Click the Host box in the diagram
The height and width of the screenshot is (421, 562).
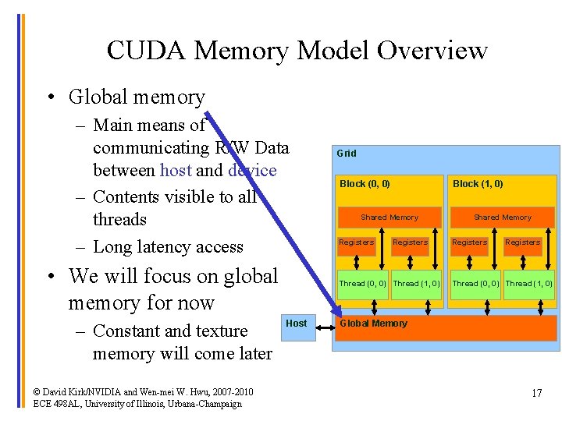(x=297, y=324)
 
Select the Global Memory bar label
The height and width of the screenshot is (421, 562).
(x=373, y=324)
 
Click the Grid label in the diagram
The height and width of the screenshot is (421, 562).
(x=347, y=154)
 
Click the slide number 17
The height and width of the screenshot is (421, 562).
(x=536, y=393)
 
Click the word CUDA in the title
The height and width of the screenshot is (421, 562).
(x=148, y=51)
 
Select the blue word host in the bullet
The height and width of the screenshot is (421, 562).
(x=175, y=170)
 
